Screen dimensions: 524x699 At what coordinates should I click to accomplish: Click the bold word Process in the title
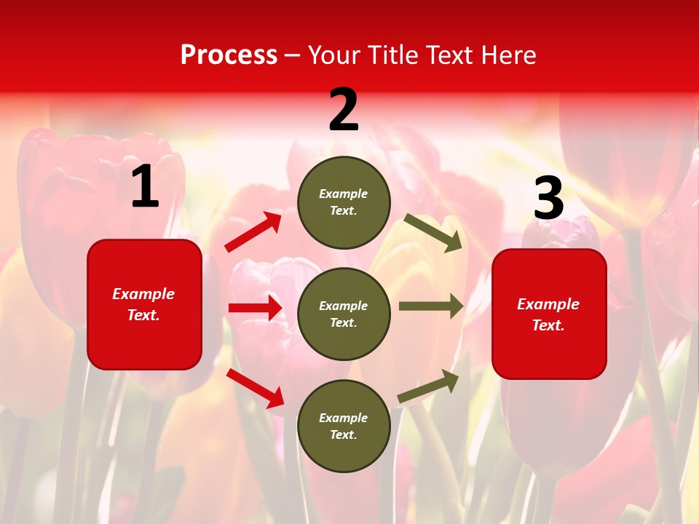coord(229,55)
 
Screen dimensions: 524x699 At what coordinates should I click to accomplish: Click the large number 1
coord(145,187)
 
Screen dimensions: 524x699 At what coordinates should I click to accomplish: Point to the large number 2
coord(344,110)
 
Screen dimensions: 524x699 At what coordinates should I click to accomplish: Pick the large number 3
coord(548,198)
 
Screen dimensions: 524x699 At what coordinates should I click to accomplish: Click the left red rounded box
coord(144,304)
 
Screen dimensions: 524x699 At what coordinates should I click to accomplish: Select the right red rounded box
coord(549,314)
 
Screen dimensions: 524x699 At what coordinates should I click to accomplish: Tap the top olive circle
coord(344,202)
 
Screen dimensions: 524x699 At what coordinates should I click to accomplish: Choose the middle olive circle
coord(344,314)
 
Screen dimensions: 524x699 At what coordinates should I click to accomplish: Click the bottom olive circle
coord(344,426)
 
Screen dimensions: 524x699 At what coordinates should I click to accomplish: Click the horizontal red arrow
coord(255,308)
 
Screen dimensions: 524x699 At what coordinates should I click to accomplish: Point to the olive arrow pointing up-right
coord(428,386)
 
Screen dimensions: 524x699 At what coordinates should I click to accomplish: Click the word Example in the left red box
coord(143,294)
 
